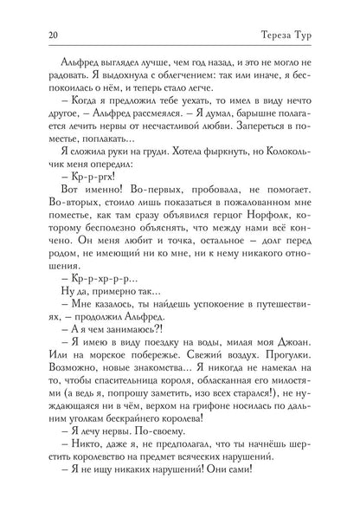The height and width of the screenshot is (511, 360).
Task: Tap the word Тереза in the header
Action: (287, 34)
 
